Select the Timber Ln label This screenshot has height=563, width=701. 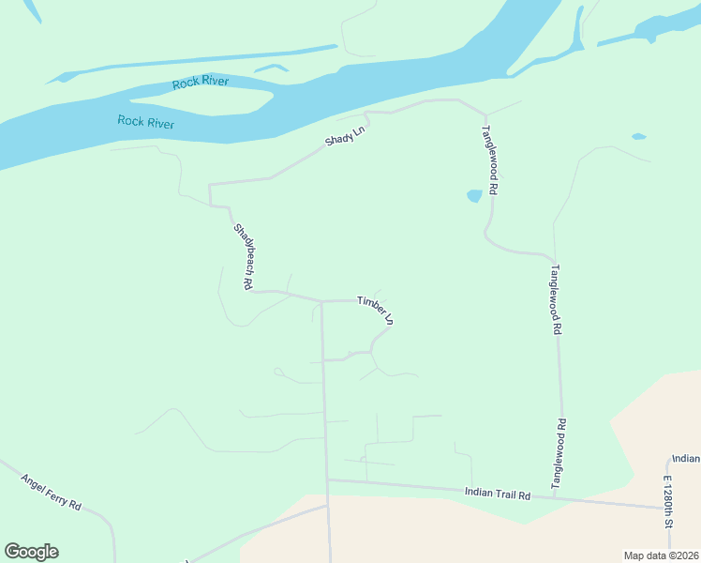(x=375, y=309)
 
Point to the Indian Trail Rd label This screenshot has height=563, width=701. (x=498, y=493)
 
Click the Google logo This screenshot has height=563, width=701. (x=31, y=552)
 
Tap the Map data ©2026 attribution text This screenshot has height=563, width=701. (x=661, y=555)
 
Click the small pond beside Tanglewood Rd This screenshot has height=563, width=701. (x=474, y=196)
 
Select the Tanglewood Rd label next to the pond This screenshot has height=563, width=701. (x=489, y=160)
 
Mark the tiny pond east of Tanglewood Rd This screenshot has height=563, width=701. (x=638, y=137)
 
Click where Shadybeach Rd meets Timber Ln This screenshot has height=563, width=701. (x=321, y=301)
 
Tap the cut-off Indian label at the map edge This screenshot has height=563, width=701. (x=685, y=459)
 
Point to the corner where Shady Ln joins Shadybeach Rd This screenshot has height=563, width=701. (x=211, y=184)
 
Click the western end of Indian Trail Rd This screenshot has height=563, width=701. (x=328, y=480)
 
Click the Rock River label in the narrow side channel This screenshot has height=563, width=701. (x=201, y=84)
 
